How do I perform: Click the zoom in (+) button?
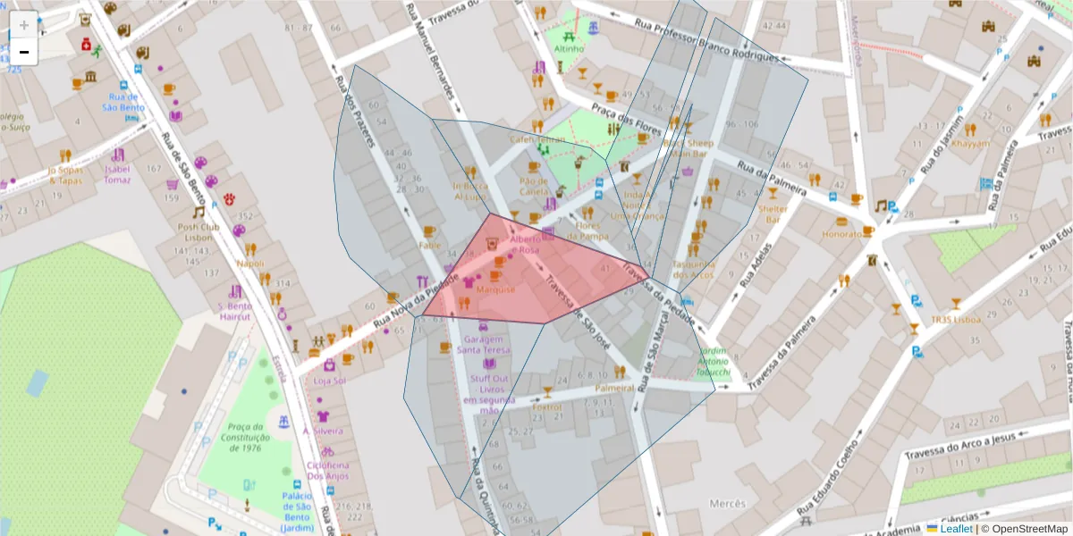click(24, 25)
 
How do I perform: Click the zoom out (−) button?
click(24, 52)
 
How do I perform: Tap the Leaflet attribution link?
click(955, 529)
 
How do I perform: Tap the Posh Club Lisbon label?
click(198, 232)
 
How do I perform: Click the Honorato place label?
click(841, 234)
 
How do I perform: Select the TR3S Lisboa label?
click(955, 320)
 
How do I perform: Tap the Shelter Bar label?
click(773, 214)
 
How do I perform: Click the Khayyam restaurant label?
click(970, 143)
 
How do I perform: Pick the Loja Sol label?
click(329, 381)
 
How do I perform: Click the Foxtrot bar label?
click(546, 406)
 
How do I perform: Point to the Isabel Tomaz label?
click(117, 174)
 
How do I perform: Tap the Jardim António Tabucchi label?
click(714, 362)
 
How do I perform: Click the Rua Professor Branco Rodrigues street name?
click(706, 39)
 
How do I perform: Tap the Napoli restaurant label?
click(250, 264)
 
